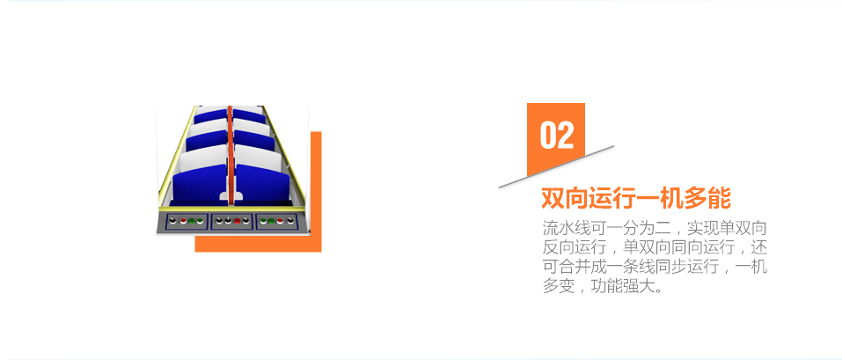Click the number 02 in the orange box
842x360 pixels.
point(557,135)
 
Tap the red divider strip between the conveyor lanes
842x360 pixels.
point(230,155)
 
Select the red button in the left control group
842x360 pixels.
point(183,221)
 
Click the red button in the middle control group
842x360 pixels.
point(237,221)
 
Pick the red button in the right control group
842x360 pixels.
point(281,221)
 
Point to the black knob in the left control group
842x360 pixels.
point(173,220)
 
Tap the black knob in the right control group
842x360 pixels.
point(291,220)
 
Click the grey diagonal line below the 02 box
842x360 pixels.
point(556,166)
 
